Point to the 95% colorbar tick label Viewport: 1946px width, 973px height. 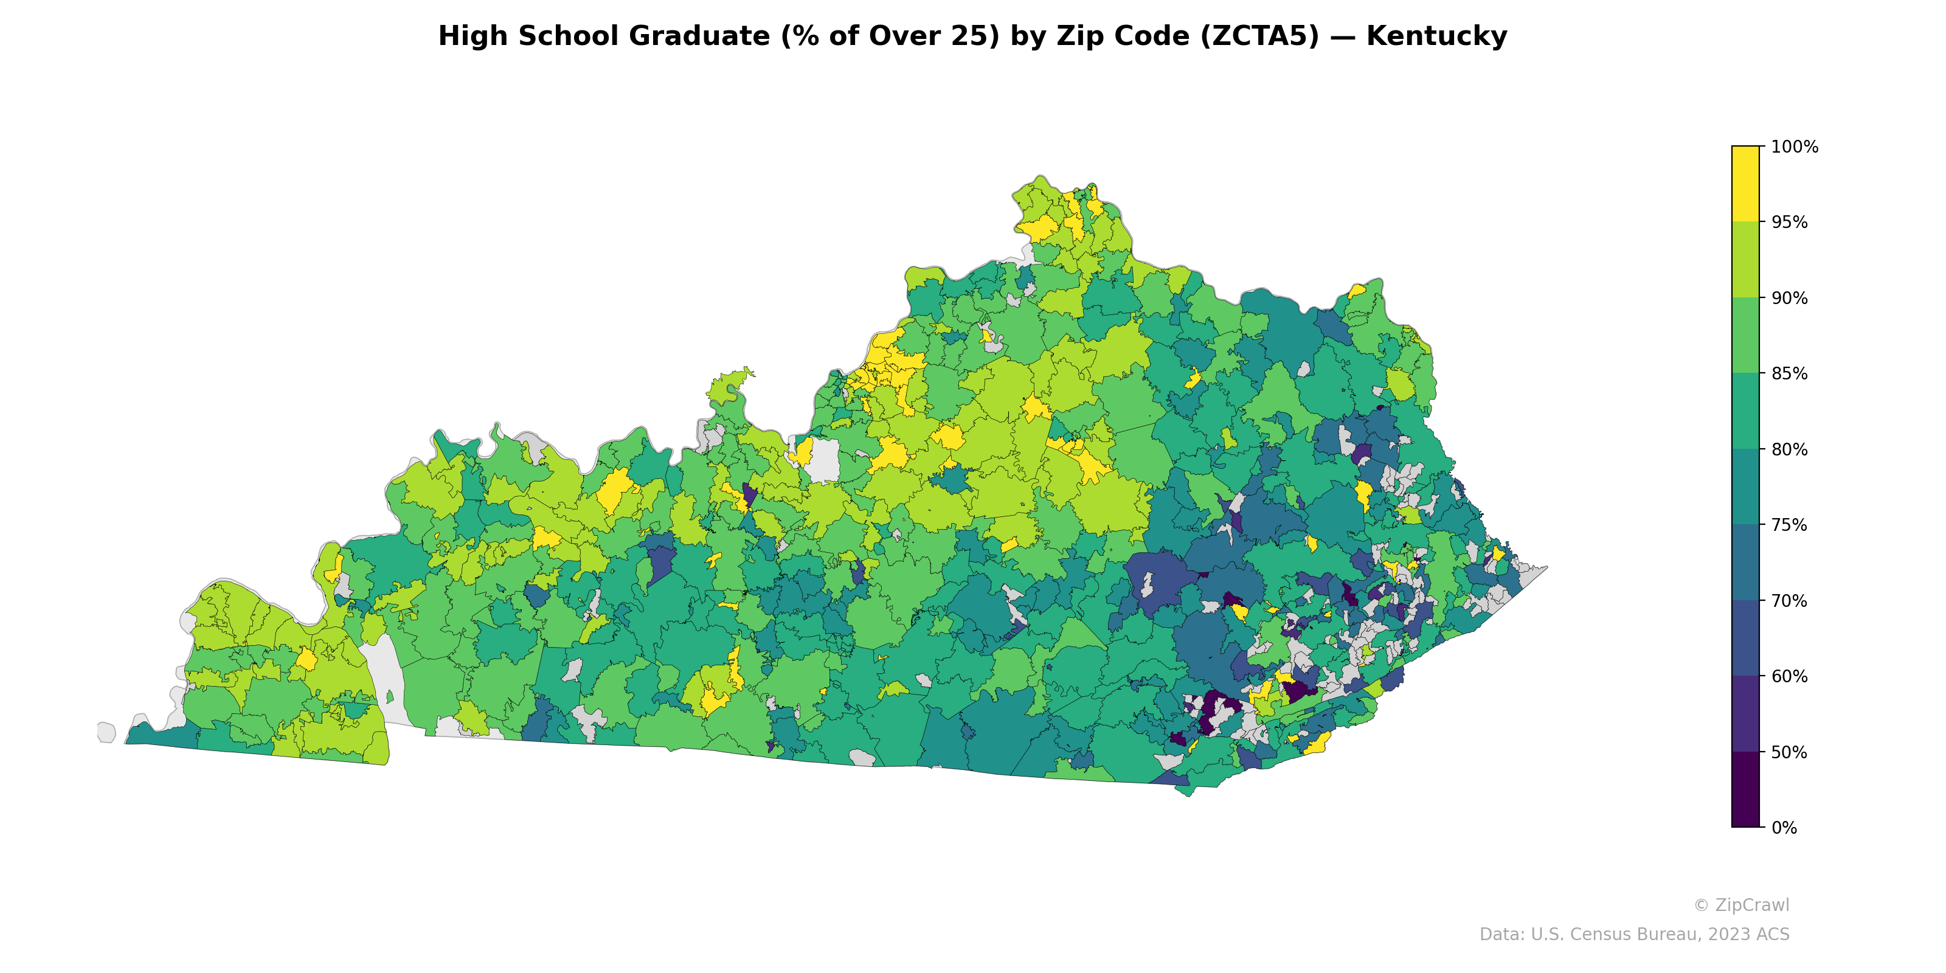coord(1790,222)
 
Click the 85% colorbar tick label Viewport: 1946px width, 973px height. coord(1790,373)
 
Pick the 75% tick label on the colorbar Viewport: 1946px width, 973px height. coord(1790,525)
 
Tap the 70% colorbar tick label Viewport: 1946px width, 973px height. coord(1790,601)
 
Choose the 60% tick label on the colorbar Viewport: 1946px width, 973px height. coord(1790,676)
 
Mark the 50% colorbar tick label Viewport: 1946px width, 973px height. coord(1790,752)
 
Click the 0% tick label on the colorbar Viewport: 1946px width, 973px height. coord(1784,827)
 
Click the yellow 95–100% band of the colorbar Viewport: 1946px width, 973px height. coord(1745,184)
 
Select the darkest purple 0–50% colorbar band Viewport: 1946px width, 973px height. coord(1745,789)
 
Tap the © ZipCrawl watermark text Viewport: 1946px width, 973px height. coord(1741,905)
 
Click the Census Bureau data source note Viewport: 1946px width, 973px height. coord(1634,935)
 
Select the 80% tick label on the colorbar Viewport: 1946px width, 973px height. coord(1790,449)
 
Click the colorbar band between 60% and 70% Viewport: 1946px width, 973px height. coord(1745,639)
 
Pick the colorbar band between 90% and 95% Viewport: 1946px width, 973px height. coord(1745,260)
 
